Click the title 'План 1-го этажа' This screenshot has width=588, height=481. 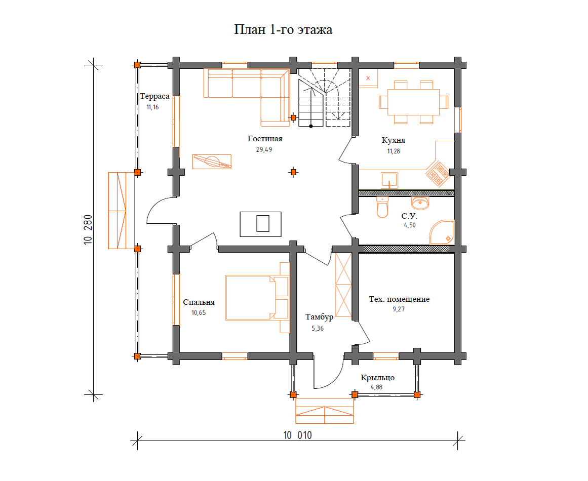(x=283, y=29)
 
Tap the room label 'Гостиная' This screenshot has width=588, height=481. (x=265, y=139)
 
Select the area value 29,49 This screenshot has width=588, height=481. (x=264, y=149)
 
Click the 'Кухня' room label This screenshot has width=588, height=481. (x=394, y=140)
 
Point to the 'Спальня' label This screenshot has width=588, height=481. (x=199, y=302)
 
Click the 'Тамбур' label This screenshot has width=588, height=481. (x=319, y=317)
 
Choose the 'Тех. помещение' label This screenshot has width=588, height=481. (x=399, y=299)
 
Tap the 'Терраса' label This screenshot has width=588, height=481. (x=154, y=96)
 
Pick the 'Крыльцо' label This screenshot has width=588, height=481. (x=378, y=378)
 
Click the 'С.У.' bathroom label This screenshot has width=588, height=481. (x=409, y=216)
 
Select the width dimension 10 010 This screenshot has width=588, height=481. (x=297, y=435)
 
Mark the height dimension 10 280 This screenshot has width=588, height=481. (x=88, y=229)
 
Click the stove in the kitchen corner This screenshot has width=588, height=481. (x=438, y=174)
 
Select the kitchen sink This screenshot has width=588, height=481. (x=389, y=180)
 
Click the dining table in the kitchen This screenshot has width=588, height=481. (x=413, y=102)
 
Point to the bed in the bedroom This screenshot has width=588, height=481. (x=257, y=298)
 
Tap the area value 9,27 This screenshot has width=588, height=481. (x=399, y=309)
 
